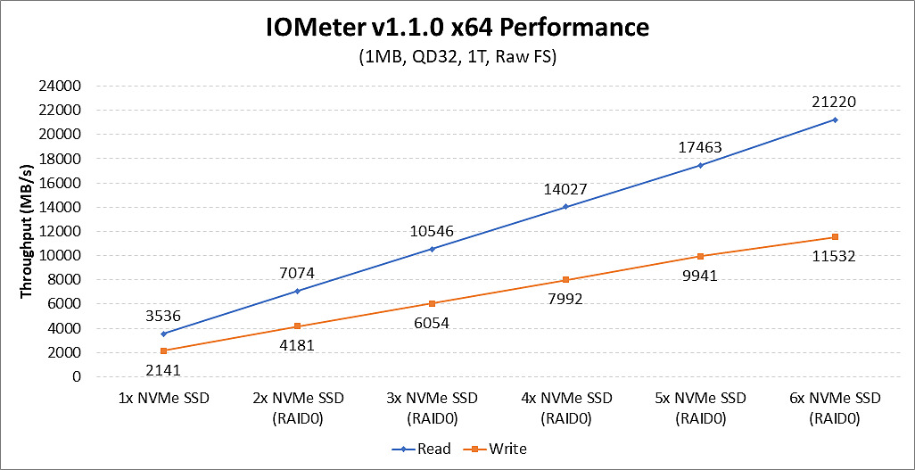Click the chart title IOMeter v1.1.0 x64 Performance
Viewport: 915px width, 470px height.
(456, 27)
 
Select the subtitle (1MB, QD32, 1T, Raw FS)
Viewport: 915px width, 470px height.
(456, 58)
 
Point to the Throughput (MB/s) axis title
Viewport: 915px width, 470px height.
(28, 231)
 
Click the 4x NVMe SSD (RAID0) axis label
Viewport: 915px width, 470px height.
(566, 407)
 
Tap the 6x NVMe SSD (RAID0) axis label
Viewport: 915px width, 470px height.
(836, 407)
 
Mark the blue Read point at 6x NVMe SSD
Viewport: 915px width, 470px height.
(835, 120)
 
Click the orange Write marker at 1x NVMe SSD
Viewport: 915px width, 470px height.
(163, 350)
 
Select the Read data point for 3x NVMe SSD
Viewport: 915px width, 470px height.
(433, 249)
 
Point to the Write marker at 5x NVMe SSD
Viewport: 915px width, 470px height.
(701, 256)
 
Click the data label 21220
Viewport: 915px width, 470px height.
(834, 102)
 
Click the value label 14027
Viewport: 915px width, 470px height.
(565, 188)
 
